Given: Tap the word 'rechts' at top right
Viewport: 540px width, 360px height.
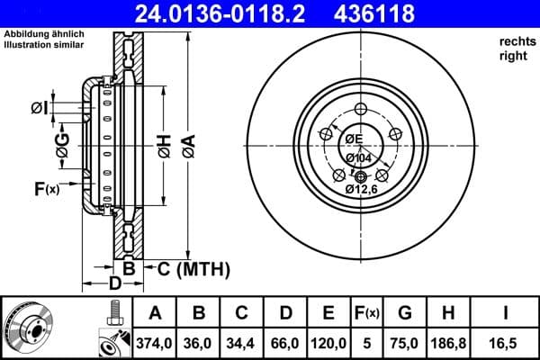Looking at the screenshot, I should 514,41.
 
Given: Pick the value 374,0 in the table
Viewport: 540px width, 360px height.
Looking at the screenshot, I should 155,342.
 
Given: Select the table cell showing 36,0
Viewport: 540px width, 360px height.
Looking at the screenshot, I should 200,342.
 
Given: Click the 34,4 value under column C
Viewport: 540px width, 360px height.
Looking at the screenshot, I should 242,342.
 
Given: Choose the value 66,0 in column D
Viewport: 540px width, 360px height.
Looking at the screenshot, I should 285,342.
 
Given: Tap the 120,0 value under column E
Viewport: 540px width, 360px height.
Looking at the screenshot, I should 328,342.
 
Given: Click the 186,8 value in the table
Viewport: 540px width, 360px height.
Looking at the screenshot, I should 448,342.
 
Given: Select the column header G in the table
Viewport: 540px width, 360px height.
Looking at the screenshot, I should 405,313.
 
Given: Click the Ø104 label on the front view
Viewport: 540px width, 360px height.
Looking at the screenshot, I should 359,158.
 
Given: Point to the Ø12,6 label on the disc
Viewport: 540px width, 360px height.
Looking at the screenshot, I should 363,189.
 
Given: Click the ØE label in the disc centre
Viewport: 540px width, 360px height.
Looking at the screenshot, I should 352,139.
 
